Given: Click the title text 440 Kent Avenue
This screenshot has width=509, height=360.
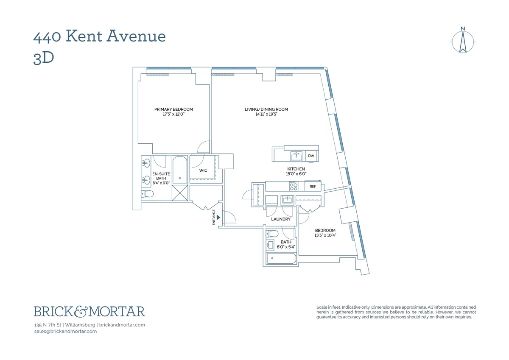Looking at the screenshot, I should (x=99, y=36).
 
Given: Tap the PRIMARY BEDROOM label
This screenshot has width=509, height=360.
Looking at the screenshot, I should (x=173, y=109).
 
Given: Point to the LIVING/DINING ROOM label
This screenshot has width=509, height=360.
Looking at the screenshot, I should (x=266, y=109).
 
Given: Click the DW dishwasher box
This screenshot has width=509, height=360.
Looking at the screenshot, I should (x=311, y=156).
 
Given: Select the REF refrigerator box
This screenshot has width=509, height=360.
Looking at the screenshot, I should (x=313, y=187).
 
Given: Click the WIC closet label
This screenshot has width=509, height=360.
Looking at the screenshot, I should (x=203, y=170).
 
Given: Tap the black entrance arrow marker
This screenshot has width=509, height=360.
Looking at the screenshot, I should (x=218, y=217).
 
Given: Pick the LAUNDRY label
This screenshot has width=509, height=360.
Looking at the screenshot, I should (x=281, y=219).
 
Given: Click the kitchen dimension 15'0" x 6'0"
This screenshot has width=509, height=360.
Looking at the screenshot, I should (x=296, y=174).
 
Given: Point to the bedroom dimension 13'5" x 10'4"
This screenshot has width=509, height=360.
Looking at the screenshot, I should (x=325, y=235).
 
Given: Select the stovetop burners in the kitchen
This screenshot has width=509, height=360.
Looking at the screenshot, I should (x=294, y=186).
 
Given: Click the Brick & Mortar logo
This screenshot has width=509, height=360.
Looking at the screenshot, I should (x=89, y=312).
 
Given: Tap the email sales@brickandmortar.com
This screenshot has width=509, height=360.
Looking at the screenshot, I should (x=65, y=332).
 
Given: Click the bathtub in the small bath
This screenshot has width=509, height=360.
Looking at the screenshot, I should (x=280, y=259).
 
